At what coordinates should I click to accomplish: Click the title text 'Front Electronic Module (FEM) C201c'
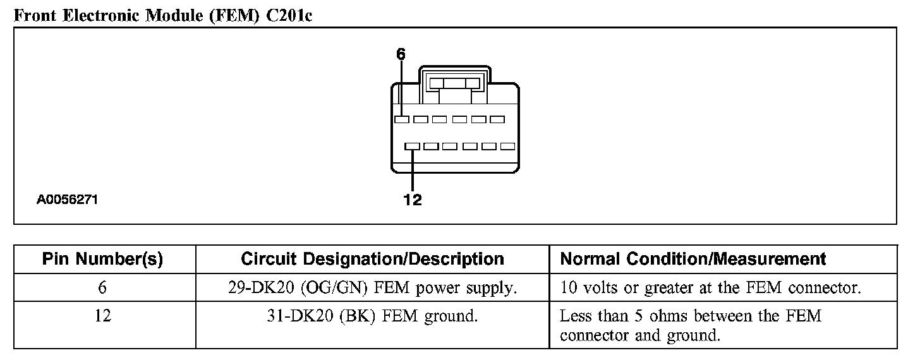click(x=163, y=15)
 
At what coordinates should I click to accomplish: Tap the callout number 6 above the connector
click(x=400, y=54)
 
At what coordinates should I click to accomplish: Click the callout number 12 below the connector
click(x=412, y=200)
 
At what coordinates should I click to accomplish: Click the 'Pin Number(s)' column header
click(x=102, y=259)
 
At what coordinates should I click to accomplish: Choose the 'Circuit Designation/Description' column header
click(x=372, y=259)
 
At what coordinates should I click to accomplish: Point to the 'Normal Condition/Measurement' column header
click(x=693, y=259)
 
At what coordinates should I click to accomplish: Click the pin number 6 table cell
click(x=102, y=289)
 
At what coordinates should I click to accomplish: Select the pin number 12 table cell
click(x=102, y=315)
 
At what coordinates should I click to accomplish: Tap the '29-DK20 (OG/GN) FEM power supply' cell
click(x=372, y=289)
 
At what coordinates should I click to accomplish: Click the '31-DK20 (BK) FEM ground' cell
click(x=372, y=315)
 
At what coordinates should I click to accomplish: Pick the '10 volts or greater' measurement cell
click(x=710, y=289)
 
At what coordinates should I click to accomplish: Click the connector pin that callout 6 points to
click(x=401, y=119)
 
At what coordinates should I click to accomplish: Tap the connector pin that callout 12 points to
click(x=412, y=146)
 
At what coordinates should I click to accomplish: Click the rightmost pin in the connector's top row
click(x=497, y=119)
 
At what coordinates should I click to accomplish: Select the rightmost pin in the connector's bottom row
click(x=507, y=146)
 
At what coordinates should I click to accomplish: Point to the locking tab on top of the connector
click(x=453, y=83)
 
